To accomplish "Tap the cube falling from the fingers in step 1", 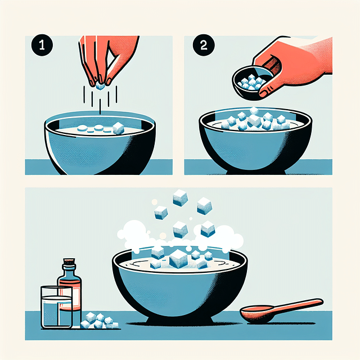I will tap(101, 86).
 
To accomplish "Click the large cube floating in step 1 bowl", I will tap(118, 128).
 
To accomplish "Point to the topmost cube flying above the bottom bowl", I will tap(180, 196).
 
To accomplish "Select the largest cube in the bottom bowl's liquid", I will tap(178, 259).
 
